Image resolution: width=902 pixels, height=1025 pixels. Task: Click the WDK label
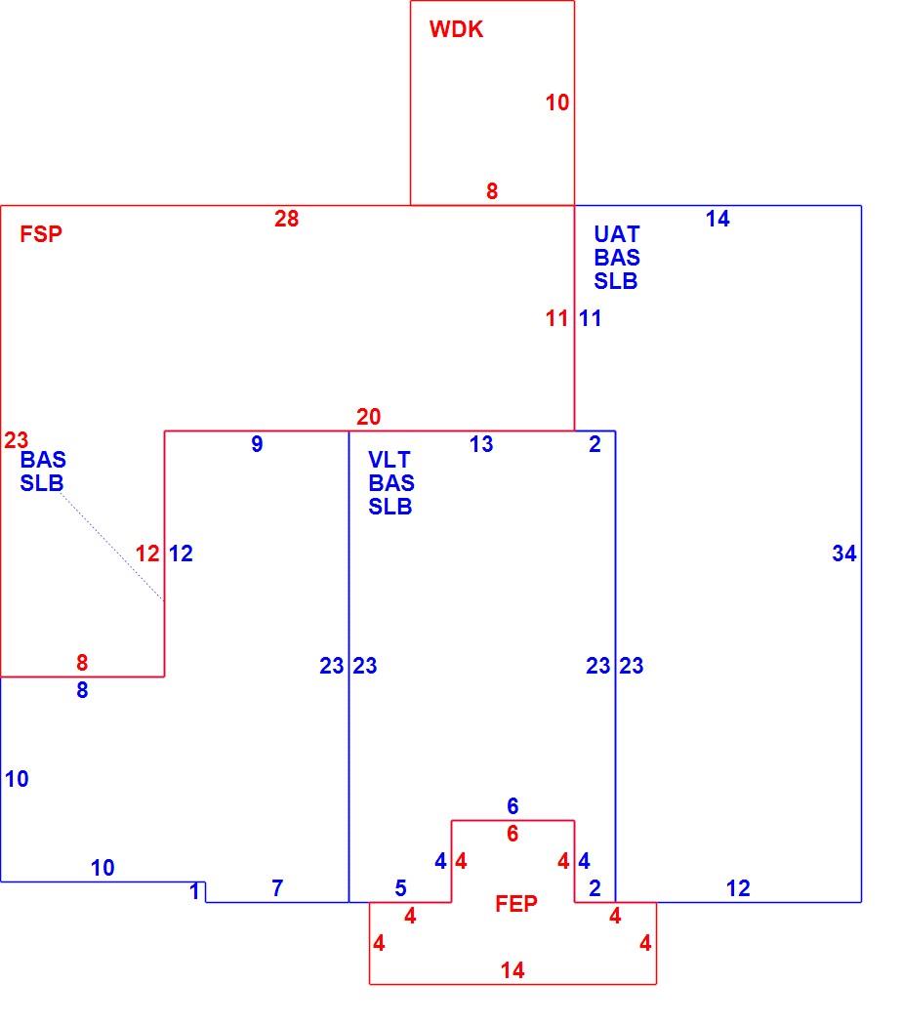tap(456, 29)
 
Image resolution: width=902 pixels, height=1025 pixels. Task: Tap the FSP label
tap(41, 234)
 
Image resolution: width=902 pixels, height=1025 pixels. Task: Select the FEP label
tap(515, 903)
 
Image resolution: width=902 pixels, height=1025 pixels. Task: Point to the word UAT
tap(616, 234)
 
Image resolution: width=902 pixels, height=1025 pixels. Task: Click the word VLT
tap(389, 460)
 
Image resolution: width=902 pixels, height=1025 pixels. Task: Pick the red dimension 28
tap(286, 219)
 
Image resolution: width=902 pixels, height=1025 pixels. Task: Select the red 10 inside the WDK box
tap(556, 102)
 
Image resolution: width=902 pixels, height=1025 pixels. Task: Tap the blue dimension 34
tap(843, 553)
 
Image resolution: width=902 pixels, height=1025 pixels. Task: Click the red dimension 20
tap(369, 417)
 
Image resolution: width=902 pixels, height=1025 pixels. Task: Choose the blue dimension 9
tap(257, 444)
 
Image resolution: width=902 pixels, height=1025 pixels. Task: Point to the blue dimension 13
tap(481, 444)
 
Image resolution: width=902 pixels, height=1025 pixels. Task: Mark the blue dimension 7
tap(277, 887)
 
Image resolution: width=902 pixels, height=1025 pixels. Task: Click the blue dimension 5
tap(400, 887)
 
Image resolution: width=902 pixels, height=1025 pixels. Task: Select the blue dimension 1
tap(194, 891)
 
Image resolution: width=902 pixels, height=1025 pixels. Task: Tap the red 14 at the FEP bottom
tap(512, 970)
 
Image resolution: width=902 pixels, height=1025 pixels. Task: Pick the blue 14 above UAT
tap(717, 219)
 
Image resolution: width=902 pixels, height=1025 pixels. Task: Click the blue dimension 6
tap(512, 806)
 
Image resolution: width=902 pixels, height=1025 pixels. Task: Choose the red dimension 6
tap(512, 834)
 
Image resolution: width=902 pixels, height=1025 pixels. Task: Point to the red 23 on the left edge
tap(16, 440)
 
